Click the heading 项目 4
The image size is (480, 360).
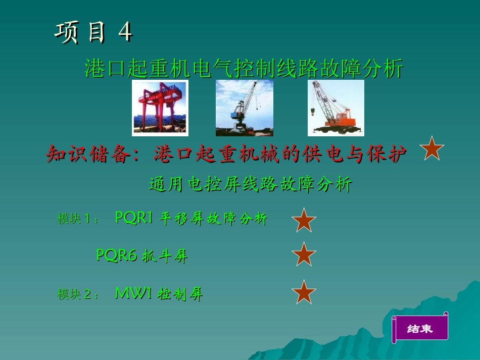coord(93,32)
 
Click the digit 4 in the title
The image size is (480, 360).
coord(125,32)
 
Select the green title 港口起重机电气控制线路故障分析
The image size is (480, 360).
coord(244,69)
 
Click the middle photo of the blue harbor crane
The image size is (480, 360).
coord(245,108)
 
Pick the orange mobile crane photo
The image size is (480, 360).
coord(336,108)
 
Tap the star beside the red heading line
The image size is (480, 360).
coord(432,149)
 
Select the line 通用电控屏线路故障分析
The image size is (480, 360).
coord(250,184)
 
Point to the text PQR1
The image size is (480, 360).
coord(134,218)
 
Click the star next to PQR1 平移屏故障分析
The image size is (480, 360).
coord(304,220)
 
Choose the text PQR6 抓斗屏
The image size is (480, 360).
coord(142,256)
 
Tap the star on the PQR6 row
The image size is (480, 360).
coord(304,254)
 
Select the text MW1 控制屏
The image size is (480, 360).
coord(159,293)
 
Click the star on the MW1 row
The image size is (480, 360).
coord(304,292)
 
